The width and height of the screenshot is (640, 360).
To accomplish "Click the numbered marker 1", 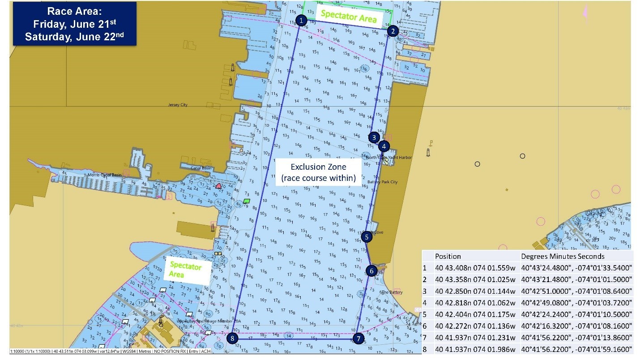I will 302,20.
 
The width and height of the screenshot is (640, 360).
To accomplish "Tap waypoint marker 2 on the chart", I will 393,31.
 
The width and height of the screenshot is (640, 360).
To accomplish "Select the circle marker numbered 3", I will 375,137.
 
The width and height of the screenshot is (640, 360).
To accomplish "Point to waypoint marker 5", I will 367,236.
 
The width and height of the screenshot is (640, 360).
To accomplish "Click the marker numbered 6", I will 371,271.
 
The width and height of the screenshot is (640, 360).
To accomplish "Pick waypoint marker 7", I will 358,339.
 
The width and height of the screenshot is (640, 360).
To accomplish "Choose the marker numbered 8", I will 232,339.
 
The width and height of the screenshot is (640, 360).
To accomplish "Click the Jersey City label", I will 178,105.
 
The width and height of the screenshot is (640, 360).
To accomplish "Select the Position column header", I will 448,257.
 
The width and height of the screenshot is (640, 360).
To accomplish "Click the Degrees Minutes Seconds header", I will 563,257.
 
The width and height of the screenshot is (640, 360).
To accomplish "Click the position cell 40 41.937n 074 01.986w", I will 475,349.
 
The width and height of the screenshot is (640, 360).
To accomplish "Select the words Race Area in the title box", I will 74,10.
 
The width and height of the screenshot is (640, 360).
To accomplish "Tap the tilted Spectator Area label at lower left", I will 185,270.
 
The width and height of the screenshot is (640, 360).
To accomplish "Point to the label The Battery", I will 392,292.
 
